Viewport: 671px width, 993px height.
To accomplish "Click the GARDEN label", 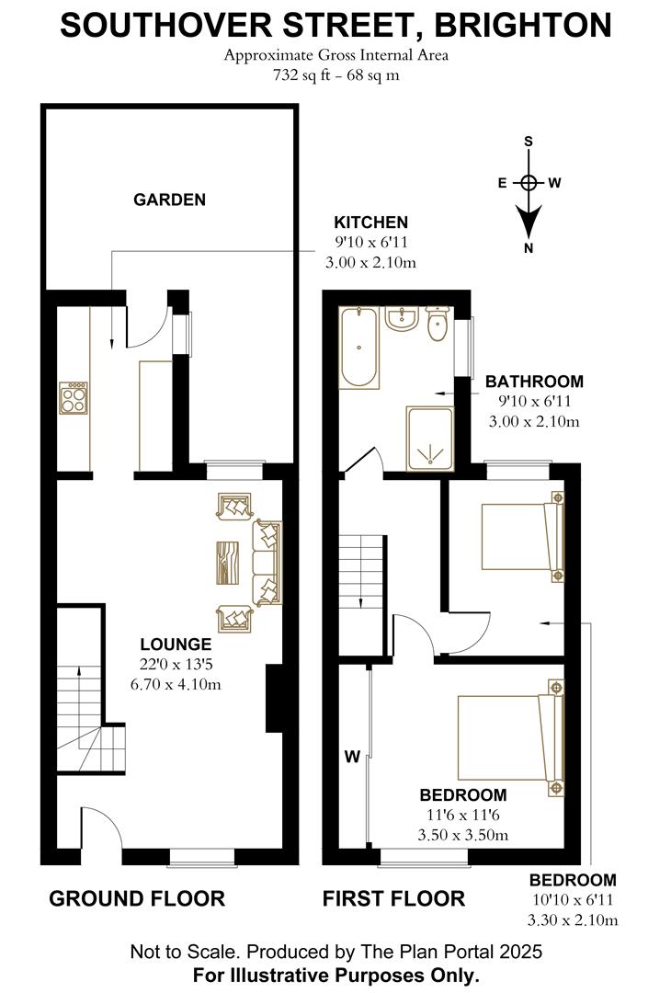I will pos(169,200).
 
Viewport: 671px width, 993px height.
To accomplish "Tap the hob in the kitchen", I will pos(73,397).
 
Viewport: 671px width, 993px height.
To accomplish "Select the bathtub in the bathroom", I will pos(358,348).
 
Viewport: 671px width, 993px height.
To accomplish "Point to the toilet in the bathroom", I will pos(438,324).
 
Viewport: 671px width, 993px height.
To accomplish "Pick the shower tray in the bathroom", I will pos(429,439).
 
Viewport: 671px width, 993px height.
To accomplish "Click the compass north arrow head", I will pos(529,223).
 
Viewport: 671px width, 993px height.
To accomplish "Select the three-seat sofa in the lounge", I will pos(267,562).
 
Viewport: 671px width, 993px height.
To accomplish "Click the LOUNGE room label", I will pos(176,645).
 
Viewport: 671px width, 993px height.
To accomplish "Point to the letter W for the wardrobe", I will pos(351,758).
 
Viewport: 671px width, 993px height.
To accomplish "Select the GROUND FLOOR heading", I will pos(136,898).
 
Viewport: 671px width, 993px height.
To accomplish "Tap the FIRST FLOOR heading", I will pos(393,898).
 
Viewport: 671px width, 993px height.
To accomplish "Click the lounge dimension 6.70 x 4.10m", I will pos(176,684).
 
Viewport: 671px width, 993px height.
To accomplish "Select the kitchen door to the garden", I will pos(147,328).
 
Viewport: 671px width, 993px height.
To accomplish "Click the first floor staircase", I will pos(359,571).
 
